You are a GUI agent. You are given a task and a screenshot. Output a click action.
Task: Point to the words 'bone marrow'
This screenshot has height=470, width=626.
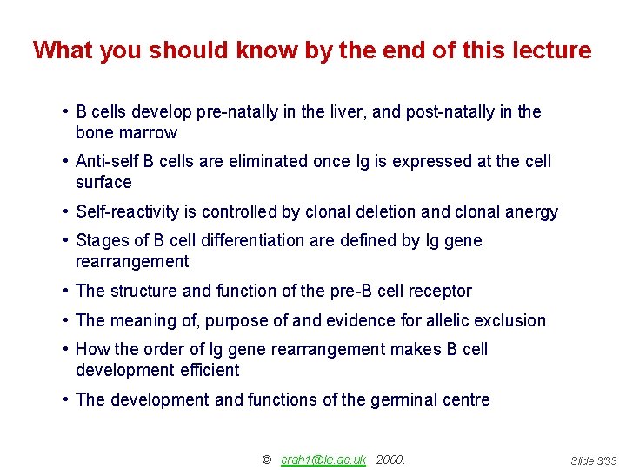point(126,133)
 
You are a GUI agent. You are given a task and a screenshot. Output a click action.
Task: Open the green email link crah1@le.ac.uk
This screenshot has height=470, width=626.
point(323,460)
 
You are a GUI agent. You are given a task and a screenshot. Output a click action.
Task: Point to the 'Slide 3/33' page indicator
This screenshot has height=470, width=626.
point(592,460)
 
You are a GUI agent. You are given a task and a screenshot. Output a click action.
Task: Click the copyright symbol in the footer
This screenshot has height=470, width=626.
point(267,460)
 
